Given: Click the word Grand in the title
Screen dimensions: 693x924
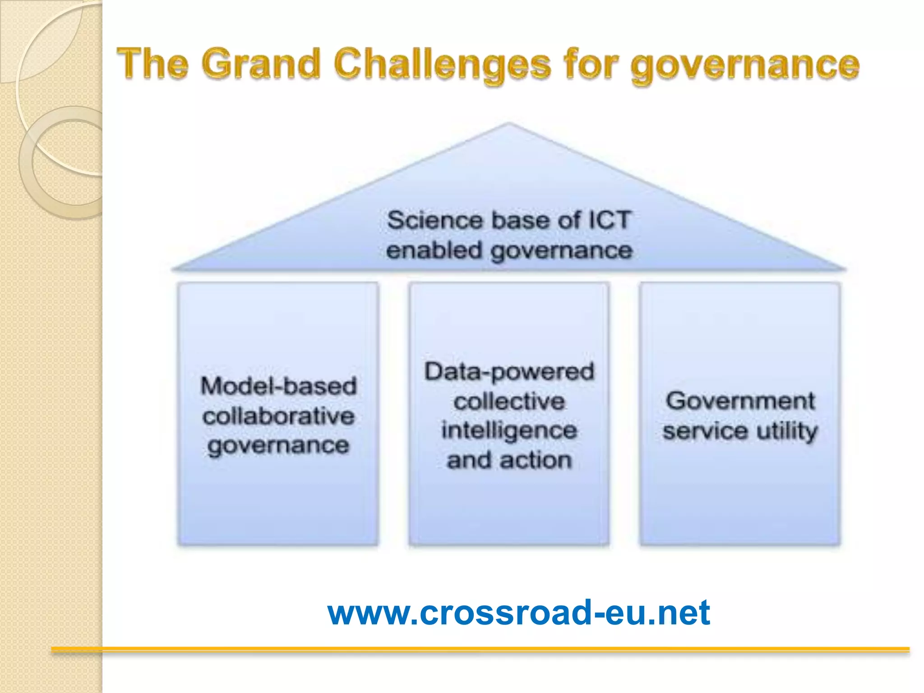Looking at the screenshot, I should point(260,64).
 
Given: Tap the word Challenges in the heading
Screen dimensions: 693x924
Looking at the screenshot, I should point(442,65).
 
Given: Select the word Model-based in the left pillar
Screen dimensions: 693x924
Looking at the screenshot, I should point(278,386).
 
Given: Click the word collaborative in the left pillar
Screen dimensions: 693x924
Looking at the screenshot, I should point(278,416).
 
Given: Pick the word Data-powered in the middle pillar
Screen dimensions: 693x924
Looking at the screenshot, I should point(509,372).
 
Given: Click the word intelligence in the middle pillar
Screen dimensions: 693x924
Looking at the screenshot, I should point(509,430).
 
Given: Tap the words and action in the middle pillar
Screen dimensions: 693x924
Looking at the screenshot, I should point(509,460).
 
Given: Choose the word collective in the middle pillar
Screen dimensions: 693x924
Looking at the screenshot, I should point(509,401).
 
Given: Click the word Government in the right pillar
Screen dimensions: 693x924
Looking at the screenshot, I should point(740,401).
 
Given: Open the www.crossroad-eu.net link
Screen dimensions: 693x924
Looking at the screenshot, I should point(519,612).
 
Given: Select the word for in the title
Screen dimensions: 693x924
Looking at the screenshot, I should point(589,64).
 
